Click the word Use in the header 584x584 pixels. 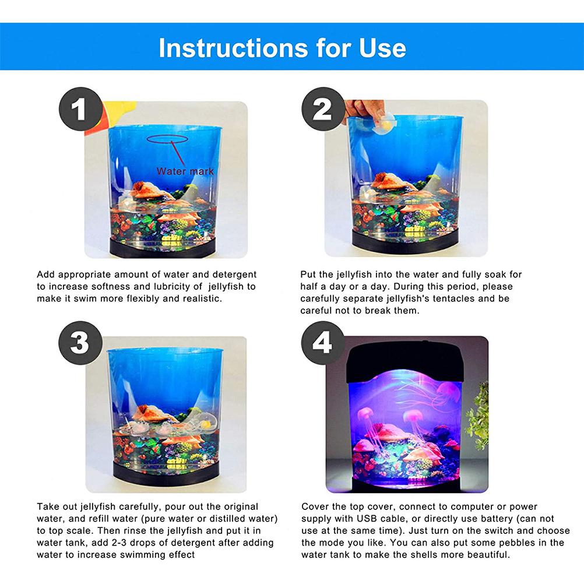point(382,48)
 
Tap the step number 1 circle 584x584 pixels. point(80,109)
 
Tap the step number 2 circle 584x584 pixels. point(322,109)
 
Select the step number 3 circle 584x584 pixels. point(80,343)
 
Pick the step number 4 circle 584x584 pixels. point(322,343)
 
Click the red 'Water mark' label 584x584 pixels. point(185,171)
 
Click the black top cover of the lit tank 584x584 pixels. point(405,361)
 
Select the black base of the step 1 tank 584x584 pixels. point(163,249)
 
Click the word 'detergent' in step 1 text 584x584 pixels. point(234,275)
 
